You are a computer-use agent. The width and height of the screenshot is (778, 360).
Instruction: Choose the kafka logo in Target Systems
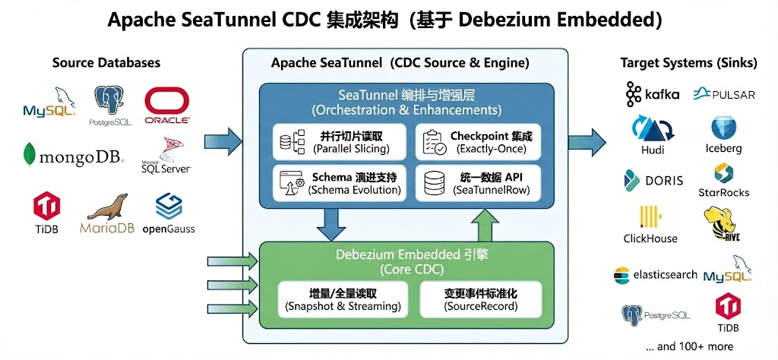653,95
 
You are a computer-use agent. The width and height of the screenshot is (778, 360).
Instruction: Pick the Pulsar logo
723,94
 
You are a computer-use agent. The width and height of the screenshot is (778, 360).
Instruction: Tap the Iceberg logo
723,134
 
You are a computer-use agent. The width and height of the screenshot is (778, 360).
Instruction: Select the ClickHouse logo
650,224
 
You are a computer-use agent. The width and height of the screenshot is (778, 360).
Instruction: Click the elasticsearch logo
655,274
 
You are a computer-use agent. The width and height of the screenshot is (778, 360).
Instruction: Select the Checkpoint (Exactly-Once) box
478,143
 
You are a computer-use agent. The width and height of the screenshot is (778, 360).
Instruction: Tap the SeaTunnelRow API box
478,183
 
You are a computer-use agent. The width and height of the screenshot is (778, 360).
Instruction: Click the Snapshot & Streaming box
343,299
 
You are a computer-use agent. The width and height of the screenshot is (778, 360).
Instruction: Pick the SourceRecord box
481,299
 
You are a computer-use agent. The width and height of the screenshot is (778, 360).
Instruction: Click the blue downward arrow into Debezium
331,222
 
